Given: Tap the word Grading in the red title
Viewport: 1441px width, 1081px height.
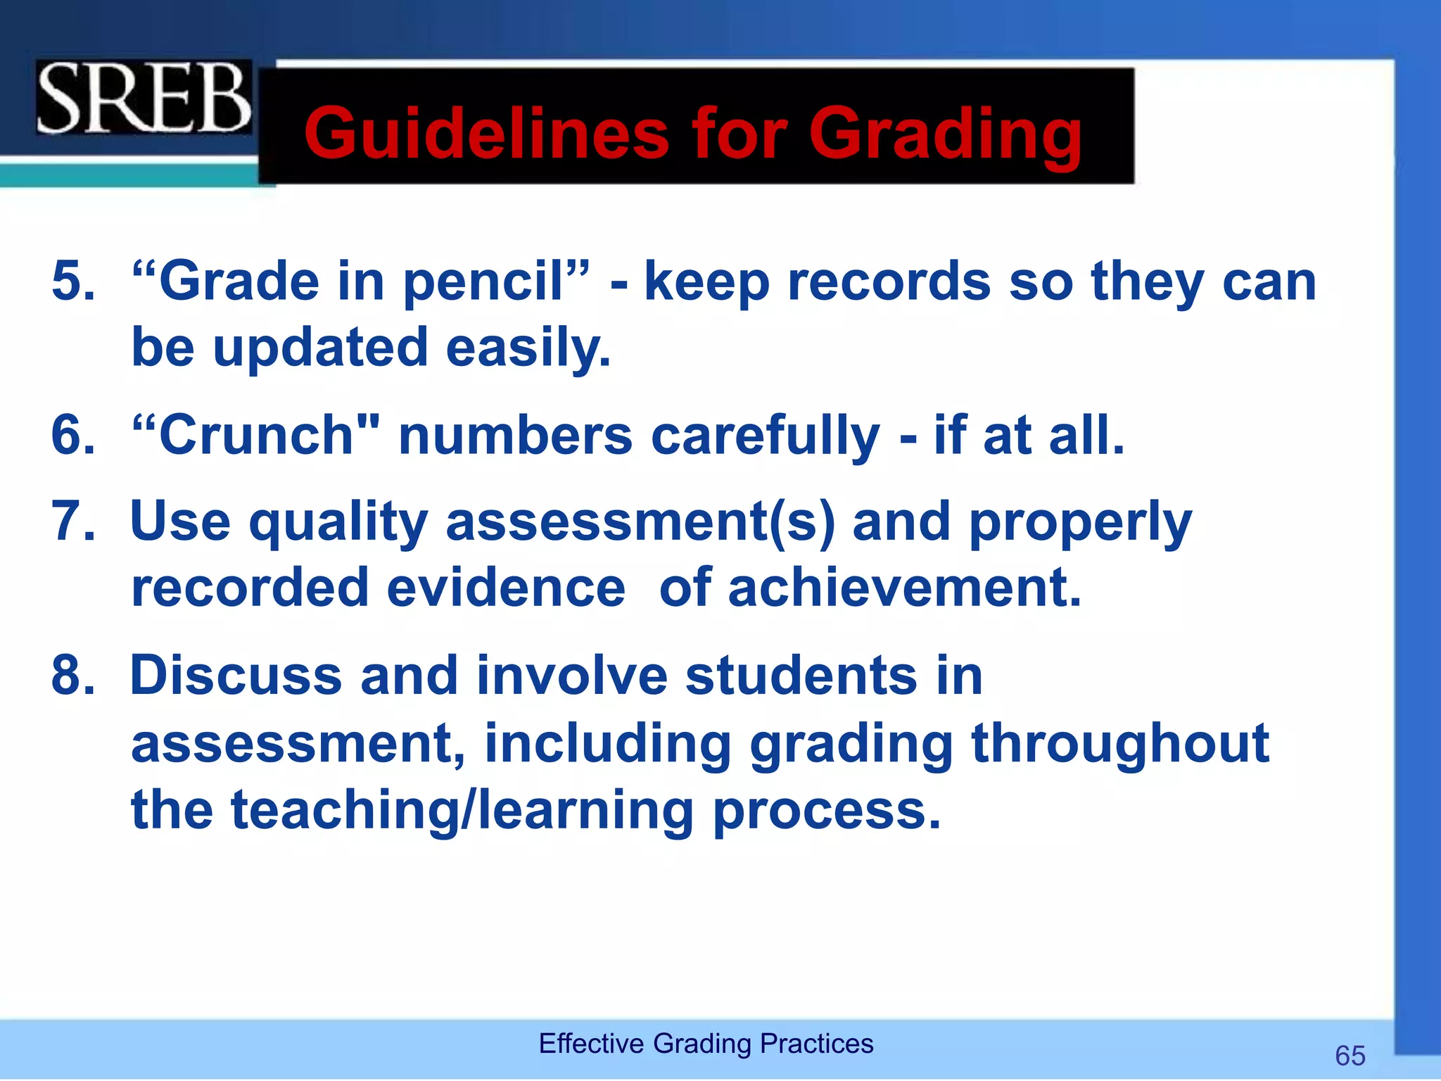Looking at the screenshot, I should pyautogui.click(x=945, y=134).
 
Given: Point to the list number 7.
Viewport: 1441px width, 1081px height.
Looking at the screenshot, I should pyautogui.click(x=72, y=521).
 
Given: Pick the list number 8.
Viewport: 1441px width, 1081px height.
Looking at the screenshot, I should pyautogui.click(x=72, y=675).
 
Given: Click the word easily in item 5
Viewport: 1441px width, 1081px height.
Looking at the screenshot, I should pyautogui.click(x=528, y=348).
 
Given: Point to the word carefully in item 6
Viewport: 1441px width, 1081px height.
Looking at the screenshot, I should pyautogui.click(x=765, y=436).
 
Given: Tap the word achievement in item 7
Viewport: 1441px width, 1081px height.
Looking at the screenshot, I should pyautogui.click(x=903, y=588).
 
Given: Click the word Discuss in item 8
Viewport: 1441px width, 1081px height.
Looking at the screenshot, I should pyautogui.click(x=236, y=675).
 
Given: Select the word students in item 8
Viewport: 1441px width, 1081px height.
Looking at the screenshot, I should pyautogui.click(x=801, y=675).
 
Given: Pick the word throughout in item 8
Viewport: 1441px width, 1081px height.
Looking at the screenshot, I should pyautogui.click(x=1119, y=743).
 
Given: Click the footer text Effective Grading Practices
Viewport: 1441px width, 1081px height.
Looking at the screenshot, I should pyautogui.click(x=706, y=1043).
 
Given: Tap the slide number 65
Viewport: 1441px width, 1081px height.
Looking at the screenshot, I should pyautogui.click(x=1350, y=1056).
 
